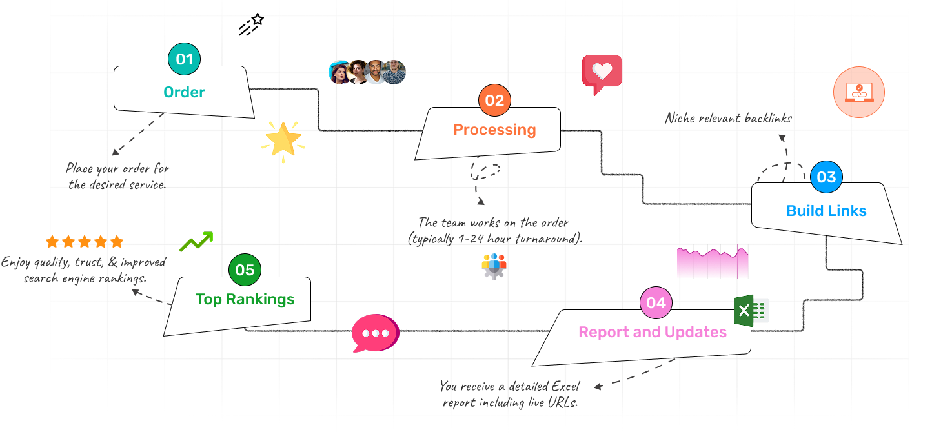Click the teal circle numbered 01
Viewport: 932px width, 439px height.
pos(185,59)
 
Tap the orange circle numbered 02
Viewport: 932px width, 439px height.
pos(494,100)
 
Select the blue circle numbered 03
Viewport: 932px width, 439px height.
pos(826,177)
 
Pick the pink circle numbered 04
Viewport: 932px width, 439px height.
pos(656,302)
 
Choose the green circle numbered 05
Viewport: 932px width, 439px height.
pos(245,269)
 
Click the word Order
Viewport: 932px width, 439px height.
pos(184,92)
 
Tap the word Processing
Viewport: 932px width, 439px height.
pos(494,130)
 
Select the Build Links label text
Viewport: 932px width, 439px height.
pos(826,211)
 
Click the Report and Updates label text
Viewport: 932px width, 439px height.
pos(653,332)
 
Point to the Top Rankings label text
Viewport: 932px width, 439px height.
pos(245,299)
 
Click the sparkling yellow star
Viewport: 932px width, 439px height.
pos(283,141)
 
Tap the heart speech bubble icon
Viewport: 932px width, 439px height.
pos(602,73)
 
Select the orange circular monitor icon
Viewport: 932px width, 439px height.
pos(858,92)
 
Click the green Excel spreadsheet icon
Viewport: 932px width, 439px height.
pos(751,311)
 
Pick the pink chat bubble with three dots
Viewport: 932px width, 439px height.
pos(375,333)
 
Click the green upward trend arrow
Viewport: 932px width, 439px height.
pos(196,241)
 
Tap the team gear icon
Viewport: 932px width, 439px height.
pos(494,266)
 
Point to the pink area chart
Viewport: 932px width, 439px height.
pos(713,263)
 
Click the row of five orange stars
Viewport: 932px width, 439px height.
pos(85,242)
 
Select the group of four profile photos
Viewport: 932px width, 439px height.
pos(367,72)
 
